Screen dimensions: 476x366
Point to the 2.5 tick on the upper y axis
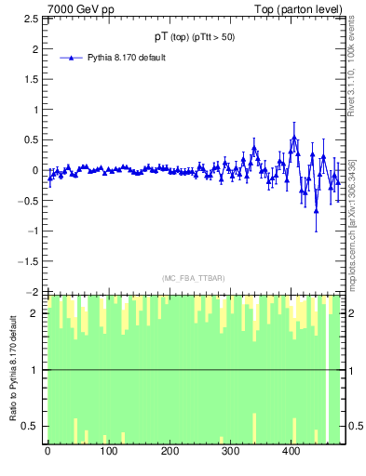[x=33, y=18]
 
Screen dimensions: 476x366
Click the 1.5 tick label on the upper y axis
[x=33, y=79]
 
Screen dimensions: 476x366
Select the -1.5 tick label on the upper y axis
[x=30, y=261]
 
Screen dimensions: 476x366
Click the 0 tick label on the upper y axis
[x=37, y=170]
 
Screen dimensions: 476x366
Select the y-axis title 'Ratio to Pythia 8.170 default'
[x=14, y=369]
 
